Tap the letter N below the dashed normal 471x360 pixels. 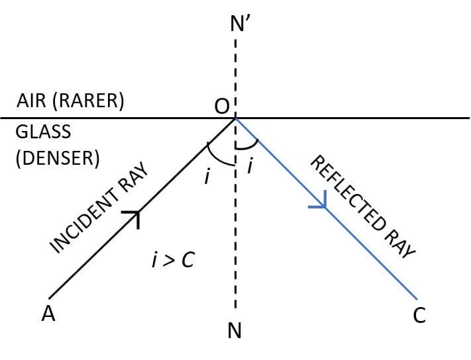click(x=235, y=330)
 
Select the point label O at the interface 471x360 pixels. click(x=221, y=106)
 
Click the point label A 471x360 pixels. click(x=48, y=314)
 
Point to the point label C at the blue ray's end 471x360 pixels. click(x=419, y=316)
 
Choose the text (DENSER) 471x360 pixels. click(x=57, y=159)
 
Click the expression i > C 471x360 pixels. click(x=172, y=260)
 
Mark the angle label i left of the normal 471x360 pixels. click(x=207, y=175)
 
